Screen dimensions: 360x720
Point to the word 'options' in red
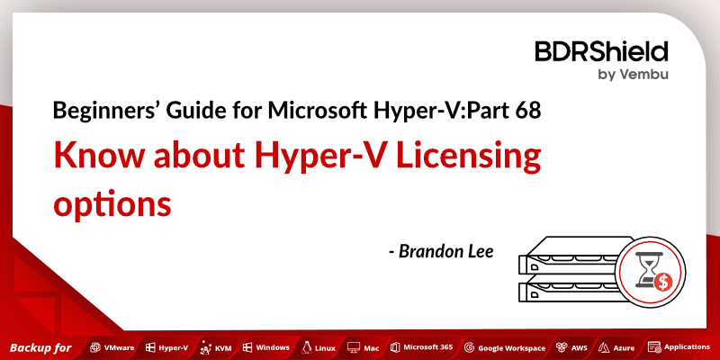[112, 202]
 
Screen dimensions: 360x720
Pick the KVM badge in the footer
[216, 346]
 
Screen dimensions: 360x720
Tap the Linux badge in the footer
[320, 346]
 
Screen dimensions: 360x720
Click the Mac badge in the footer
[365, 346]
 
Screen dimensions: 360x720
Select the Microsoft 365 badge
[421, 346]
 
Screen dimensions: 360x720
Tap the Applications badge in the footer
[680, 346]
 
